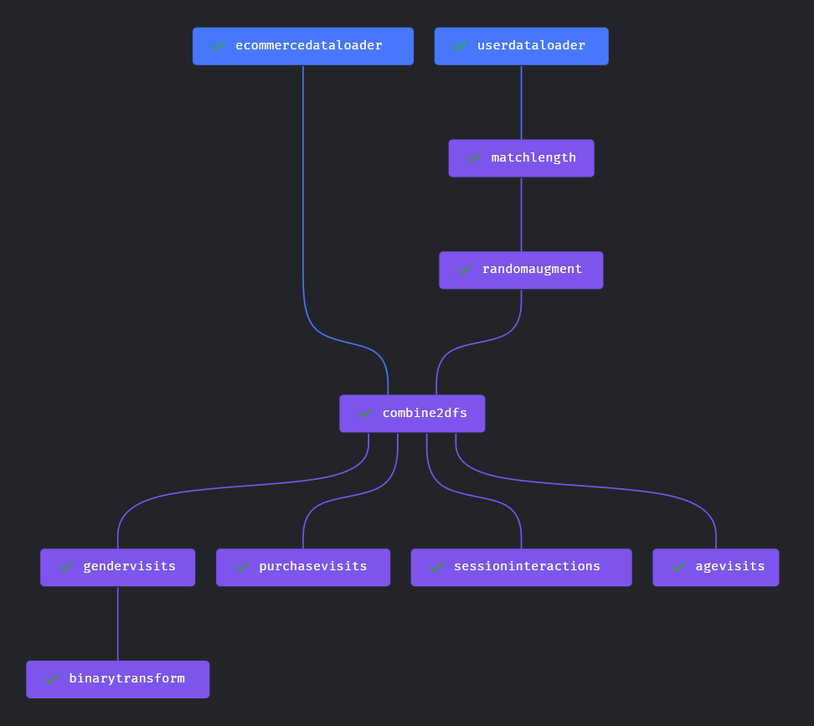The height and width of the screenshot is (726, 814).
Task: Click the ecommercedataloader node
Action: [x=302, y=46]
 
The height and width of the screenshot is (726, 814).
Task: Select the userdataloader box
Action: [x=521, y=46]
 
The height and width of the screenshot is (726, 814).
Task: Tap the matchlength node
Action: [x=521, y=158]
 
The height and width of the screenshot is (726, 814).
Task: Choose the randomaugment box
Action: [x=521, y=270]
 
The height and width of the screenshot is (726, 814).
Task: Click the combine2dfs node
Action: [x=412, y=414]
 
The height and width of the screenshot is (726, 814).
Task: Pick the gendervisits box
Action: [x=117, y=567]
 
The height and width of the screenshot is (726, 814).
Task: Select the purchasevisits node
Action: [x=303, y=567]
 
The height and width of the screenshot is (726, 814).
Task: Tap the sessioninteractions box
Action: [x=521, y=567]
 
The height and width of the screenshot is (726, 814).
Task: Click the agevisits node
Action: [x=715, y=567]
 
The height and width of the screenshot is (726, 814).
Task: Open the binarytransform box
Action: [x=117, y=679]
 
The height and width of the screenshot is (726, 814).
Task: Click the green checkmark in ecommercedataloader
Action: [x=219, y=46]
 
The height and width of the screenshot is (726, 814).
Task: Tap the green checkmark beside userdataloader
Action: [x=461, y=46]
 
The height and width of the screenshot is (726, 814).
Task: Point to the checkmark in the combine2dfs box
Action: [x=365, y=413]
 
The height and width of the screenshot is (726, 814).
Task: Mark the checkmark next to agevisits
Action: [x=678, y=567]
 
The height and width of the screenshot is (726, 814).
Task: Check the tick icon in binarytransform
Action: [x=53, y=679]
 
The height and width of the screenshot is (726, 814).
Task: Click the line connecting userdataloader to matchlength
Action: [x=521, y=102]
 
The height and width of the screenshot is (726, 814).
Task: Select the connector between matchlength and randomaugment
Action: [x=521, y=214]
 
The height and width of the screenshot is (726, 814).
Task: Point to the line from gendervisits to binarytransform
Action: [x=117, y=624]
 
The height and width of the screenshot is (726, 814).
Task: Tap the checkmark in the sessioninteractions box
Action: [x=436, y=567]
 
